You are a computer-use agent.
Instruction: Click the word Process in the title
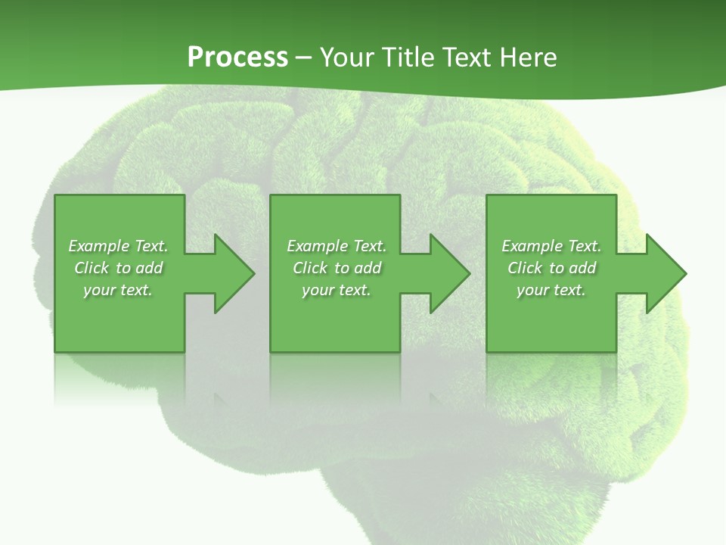click(237, 58)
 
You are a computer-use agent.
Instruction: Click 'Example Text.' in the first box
click(118, 246)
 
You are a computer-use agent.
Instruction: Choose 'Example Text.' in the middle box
click(337, 246)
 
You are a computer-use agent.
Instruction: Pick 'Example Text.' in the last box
click(551, 246)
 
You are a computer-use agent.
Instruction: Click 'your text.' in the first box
click(118, 290)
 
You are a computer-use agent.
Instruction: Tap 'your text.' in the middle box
click(337, 290)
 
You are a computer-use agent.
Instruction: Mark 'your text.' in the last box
click(551, 290)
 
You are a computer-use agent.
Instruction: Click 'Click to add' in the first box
click(118, 268)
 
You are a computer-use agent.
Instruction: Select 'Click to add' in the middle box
click(337, 268)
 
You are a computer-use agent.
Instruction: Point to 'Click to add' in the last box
click(551, 268)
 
